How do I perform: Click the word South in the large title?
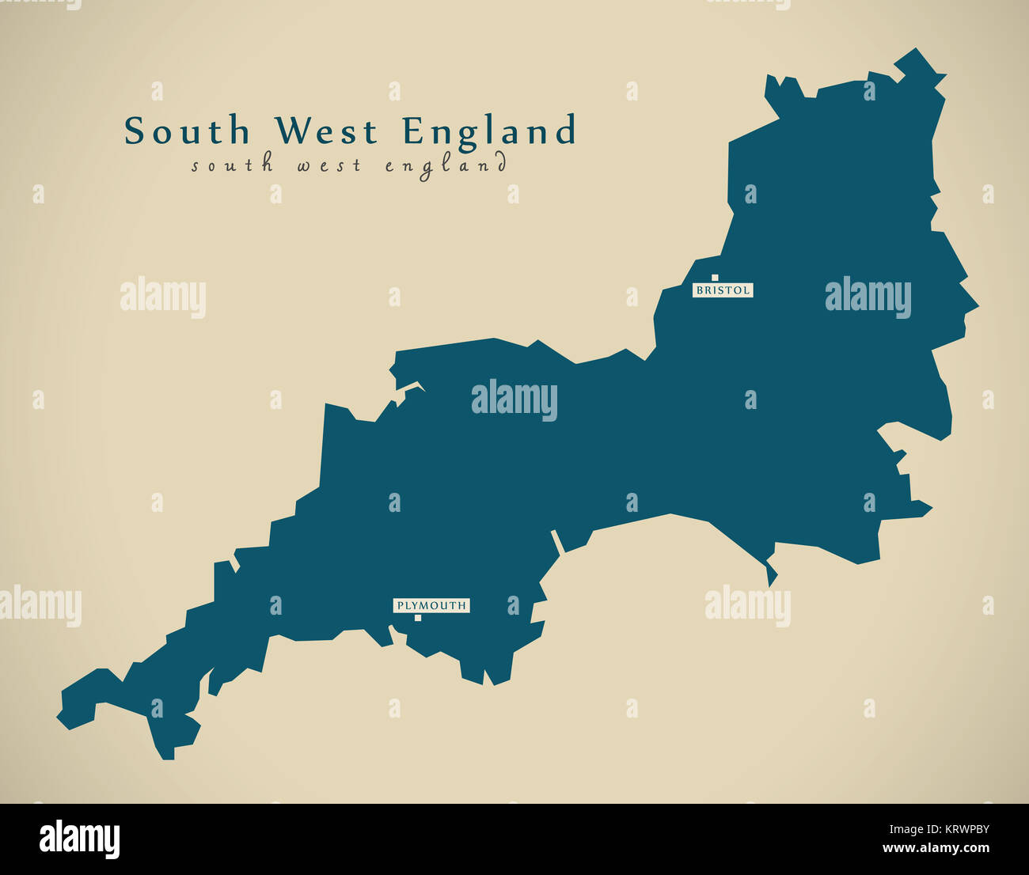point(187,131)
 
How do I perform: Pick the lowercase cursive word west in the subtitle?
point(328,165)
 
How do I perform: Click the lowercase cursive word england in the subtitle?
point(446,166)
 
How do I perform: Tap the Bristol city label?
point(723,290)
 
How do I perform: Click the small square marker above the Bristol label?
point(715,278)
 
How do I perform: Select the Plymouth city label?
point(431,606)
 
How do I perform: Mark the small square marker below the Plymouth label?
point(417,618)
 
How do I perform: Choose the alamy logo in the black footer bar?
point(79,839)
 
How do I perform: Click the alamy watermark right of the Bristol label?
point(868,297)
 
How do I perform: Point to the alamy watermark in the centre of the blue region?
point(514,400)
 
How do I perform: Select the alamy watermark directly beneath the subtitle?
point(163,297)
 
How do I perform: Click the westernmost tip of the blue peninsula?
point(59,718)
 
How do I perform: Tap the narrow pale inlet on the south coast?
point(556,541)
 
